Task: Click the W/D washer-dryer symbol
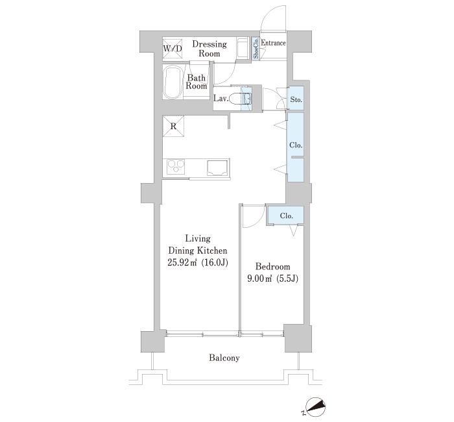click(x=173, y=49)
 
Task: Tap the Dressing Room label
click(x=209, y=49)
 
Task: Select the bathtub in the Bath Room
click(x=173, y=82)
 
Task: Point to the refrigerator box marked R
click(x=173, y=126)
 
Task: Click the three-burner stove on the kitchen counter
click(x=176, y=167)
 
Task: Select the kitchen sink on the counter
click(x=217, y=168)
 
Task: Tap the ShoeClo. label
click(x=256, y=49)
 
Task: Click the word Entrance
click(x=273, y=43)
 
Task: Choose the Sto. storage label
click(x=296, y=100)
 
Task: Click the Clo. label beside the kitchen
click(x=296, y=145)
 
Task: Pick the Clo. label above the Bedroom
click(x=287, y=216)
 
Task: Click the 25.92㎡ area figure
click(x=182, y=262)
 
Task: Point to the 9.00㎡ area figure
click(x=259, y=279)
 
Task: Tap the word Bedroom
click(x=273, y=266)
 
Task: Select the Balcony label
click(x=224, y=358)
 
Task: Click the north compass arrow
click(x=316, y=406)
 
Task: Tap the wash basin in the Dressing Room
click(x=242, y=48)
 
